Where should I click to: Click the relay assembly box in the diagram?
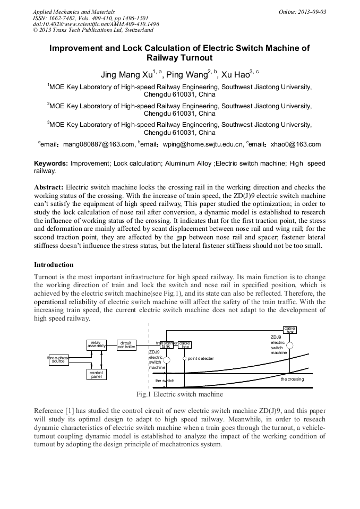96,345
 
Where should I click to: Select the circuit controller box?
126,345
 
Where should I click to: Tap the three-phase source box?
58,360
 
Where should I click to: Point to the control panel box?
96,375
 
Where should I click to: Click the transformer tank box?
166,345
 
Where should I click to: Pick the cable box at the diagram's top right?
289,330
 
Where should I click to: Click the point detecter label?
201,359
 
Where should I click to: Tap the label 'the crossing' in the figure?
292,379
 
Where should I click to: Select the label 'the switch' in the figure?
165,381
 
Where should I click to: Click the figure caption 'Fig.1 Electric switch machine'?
179,394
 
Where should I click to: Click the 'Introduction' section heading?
54,264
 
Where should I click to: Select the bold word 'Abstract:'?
49,187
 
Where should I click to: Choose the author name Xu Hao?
235,74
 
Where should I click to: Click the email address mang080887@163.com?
98,144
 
